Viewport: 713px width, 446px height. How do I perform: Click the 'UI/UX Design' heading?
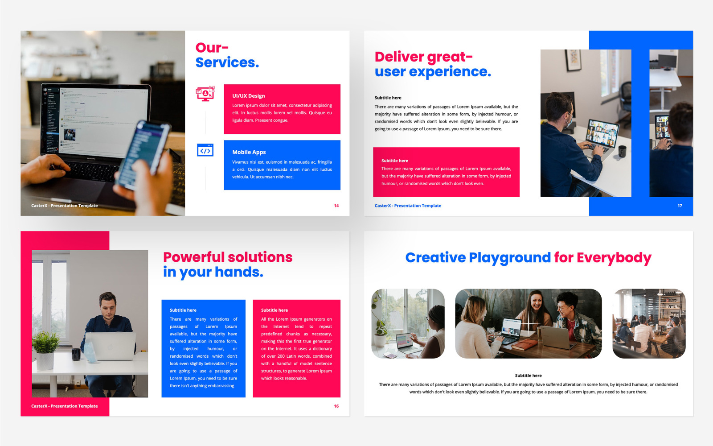248,96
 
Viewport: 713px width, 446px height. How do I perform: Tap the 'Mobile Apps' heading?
249,152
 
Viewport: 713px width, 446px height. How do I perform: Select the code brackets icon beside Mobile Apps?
205,151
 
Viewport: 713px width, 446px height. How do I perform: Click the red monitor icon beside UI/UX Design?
205,94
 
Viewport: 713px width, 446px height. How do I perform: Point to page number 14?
336,206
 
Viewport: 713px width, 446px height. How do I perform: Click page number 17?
680,206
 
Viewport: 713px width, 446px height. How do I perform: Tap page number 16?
336,406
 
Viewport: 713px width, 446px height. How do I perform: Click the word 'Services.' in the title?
227,62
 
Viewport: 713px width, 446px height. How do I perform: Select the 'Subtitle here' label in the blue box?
183,310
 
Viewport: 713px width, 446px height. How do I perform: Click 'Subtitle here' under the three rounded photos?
528,376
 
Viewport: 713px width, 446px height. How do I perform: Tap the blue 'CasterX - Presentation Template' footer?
408,206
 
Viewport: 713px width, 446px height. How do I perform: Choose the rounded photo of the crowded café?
649,323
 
